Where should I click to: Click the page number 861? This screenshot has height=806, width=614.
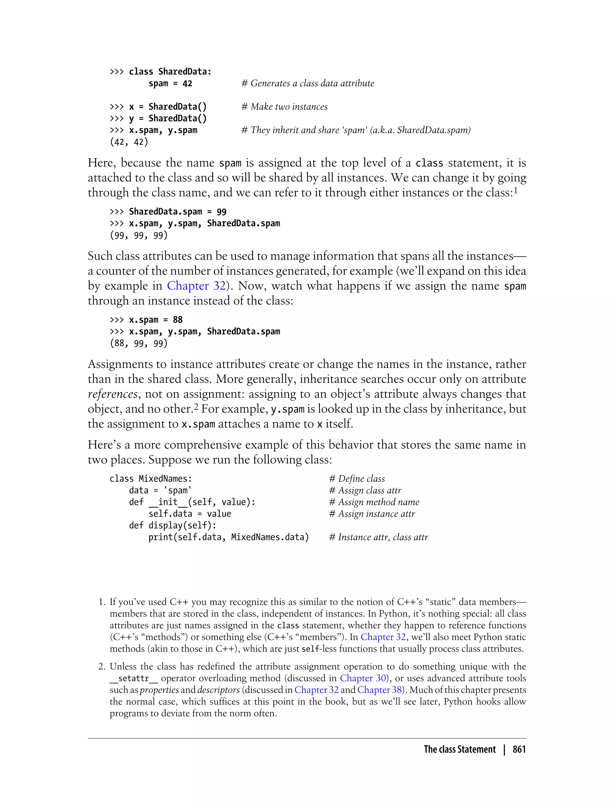pos(519,749)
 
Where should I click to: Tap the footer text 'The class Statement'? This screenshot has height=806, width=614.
pos(459,749)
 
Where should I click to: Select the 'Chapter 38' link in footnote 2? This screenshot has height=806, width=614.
pos(379,690)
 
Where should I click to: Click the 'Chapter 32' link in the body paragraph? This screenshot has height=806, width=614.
pos(196,285)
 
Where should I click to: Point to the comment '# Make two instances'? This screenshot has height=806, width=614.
pos(284,107)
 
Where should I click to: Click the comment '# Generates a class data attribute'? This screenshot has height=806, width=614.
pos(308,83)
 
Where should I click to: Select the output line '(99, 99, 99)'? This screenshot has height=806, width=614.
pos(139,235)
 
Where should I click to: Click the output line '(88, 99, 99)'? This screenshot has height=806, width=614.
pos(139,343)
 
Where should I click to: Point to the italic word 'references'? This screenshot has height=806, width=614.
pos(112,394)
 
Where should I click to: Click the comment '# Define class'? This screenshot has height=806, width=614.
pos(357,479)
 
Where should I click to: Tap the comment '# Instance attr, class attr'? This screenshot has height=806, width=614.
pos(378,537)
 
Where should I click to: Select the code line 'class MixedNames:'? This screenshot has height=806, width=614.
pos(151,479)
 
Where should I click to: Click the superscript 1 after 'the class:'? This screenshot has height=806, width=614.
pos(515,190)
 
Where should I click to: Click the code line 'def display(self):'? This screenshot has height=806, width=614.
pos(172,525)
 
